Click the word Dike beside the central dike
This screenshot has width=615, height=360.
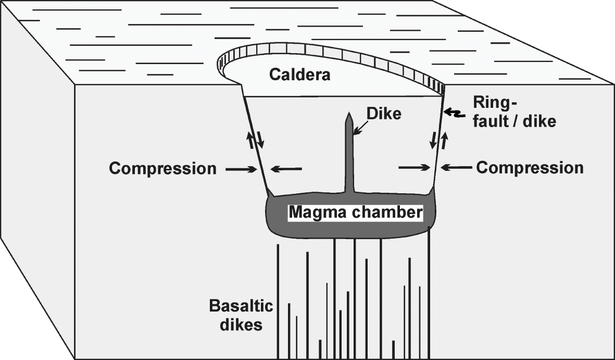384,114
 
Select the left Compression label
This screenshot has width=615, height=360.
162,168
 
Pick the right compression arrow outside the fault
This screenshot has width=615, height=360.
456,168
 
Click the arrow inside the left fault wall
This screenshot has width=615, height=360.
286,168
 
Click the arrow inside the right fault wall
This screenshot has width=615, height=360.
414,167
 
